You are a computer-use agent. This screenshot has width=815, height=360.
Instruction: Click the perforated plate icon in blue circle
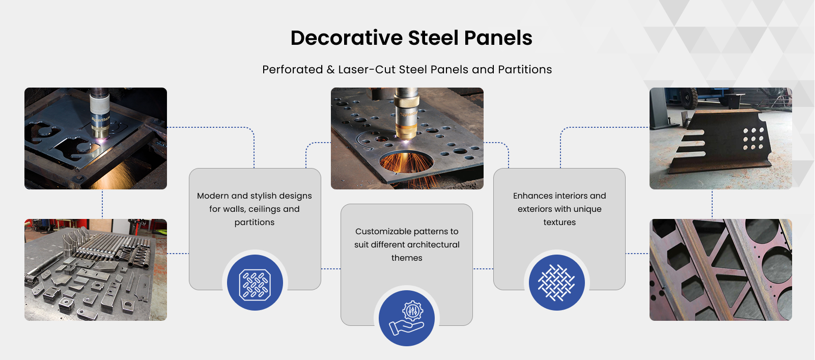pyautogui.click(x=255, y=283)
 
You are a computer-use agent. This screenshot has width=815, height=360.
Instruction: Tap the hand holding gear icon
pyautogui.click(x=406, y=318)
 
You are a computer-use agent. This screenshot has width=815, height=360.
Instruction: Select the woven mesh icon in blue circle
pyautogui.click(x=557, y=283)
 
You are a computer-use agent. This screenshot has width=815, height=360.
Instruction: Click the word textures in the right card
pyautogui.click(x=559, y=223)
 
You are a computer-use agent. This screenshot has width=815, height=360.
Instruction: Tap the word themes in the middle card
pyautogui.click(x=407, y=258)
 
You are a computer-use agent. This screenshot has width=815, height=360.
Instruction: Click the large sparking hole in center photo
pyautogui.click(x=406, y=163)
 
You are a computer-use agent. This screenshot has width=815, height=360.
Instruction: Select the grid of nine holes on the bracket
pyautogui.click(x=753, y=139)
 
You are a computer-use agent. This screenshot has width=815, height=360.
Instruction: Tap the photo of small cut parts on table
pyautogui.click(x=96, y=270)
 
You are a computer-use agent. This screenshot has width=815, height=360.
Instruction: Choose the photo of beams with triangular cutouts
pyautogui.click(x=721, y=270)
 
